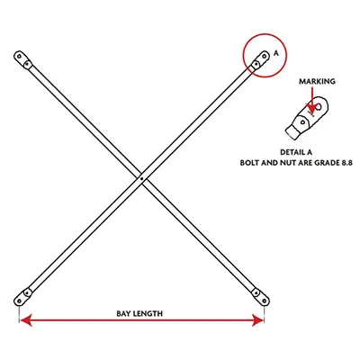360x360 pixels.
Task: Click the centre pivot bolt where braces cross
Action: tap(142, 179)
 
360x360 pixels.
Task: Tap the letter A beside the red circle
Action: tap(276, 53)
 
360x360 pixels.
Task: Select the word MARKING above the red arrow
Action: tap(317, 81)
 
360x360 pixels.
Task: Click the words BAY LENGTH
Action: tap(139, 314)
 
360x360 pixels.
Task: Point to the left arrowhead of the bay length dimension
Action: tap(25, 320)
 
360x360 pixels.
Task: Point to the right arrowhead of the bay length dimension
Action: tap(258, 320)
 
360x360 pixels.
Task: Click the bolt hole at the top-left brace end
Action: tap(20, 56)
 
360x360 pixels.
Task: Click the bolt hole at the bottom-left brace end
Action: tap(20, 301)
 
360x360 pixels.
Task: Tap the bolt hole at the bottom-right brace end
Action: tap(265, 301)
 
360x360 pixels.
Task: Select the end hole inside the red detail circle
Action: tap(265, 56)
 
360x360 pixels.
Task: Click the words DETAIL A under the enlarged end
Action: tap(296, 152)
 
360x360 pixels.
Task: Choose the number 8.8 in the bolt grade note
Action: tap(346, 163)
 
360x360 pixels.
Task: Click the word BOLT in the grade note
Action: tap(248, 163)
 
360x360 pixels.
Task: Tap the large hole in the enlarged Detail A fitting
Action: tap(319, 106)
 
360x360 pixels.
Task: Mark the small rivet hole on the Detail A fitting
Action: tap(303, 121)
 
